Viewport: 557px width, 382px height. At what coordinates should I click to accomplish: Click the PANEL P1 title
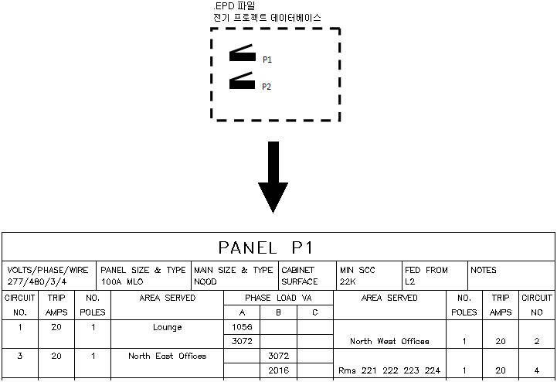[x=265, y=247]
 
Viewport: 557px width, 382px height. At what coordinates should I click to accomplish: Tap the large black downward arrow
[x=272, y=178]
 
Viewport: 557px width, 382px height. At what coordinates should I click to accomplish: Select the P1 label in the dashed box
[x=267, y=60]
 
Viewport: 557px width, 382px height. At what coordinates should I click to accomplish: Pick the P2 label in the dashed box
[x=267, y=87]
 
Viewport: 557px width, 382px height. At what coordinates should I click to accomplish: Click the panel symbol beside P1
[x=241, y=55]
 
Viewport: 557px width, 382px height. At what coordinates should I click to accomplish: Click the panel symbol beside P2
[x=241, y=81]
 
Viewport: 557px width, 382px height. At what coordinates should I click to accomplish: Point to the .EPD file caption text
[x=267, y=12]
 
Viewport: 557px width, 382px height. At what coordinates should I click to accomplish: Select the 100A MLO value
[x=123, y=282]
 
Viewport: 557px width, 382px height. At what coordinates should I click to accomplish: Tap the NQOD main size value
[x=205, y=282]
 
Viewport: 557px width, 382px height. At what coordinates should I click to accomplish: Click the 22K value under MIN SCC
[x=348, y=282]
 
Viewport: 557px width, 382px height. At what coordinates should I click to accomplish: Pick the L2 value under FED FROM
[x=409, y=282]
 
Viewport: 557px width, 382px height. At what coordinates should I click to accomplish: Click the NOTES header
[x=484, y=271]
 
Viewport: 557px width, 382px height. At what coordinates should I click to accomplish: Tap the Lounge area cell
[x=167, y=327]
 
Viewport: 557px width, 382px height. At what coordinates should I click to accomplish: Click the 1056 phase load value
[x=242, y=327]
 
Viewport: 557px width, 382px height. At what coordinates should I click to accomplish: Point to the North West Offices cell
[x=389, y=341]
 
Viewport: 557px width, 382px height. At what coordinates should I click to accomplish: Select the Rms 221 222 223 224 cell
[x=389, y=370]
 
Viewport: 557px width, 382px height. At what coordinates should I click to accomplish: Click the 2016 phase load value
[x=279, y=370]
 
